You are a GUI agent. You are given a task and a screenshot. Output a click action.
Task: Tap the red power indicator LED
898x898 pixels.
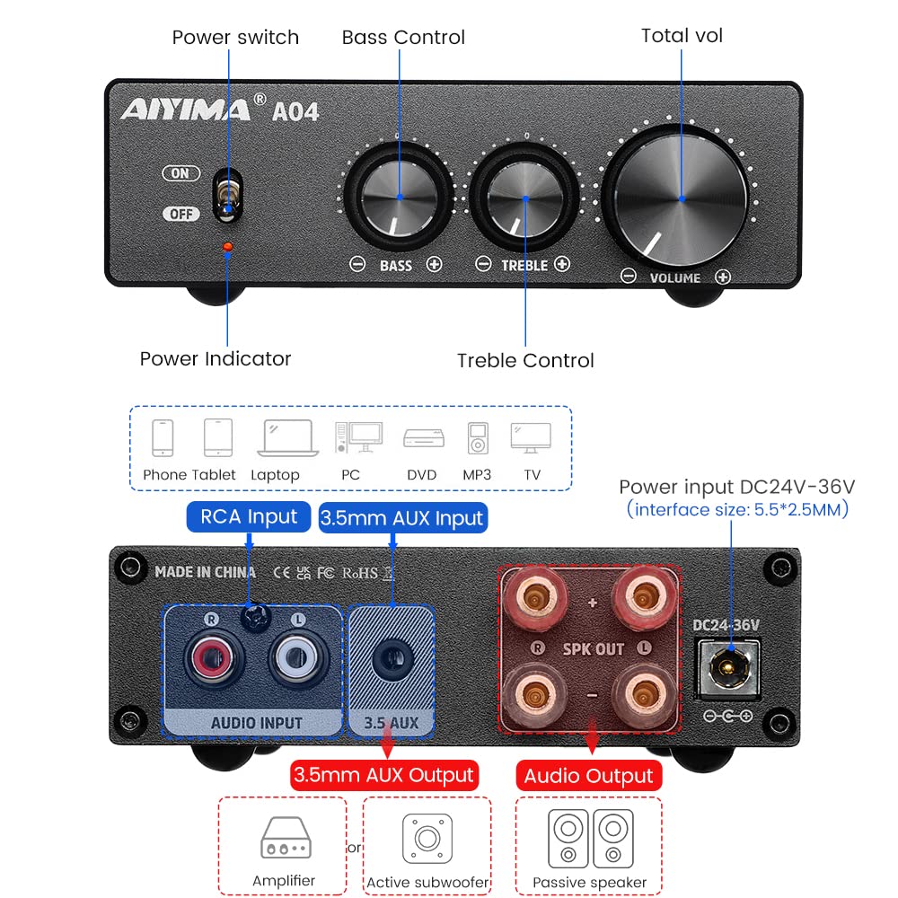pyautogui.click(x=227, y=247)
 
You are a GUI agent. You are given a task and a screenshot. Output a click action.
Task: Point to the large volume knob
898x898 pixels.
pyautogui.click(x=680, y=197)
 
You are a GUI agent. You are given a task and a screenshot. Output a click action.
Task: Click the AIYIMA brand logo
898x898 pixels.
pyautogui.click(x=186, y=110)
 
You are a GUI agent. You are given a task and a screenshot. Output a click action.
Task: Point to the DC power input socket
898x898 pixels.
pyautogui.click(x=728, y=665)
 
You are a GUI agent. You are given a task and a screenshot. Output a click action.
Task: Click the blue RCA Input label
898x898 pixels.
pyautogui.click(x=249, y=516)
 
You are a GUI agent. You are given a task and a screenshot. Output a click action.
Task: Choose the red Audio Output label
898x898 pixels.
pyautogui.click(x=588, y=776)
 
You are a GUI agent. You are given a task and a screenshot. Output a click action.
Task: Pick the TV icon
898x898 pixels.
pyautogui.click(x=531, y=438)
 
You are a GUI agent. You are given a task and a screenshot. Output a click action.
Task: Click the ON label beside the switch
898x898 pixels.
pyautogui.click(x=180, y=173)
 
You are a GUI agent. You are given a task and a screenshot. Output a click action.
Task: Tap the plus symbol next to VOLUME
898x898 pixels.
pyautogui.click(x=722, y=277)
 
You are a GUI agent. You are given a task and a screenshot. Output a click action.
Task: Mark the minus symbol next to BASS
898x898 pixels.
pyautogui.click(x=357, y=265)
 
